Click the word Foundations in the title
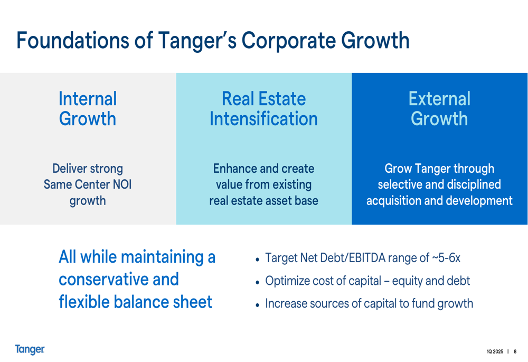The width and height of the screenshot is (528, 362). click(x=73, y=41)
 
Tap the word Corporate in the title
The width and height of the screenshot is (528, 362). click(x=288, y=41)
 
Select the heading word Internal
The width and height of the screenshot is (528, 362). click(x=88, y=99)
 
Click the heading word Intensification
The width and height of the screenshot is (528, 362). click(x=263, y=119)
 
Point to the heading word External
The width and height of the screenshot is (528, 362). click(x=439, y=99)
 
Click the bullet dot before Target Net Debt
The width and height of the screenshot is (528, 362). click(x=257, y=259)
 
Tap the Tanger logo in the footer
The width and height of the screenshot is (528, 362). click(x=30, y=349)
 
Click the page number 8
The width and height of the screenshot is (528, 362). click(x=515, y=351)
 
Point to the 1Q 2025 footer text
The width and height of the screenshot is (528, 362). click(x=495, y=351)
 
